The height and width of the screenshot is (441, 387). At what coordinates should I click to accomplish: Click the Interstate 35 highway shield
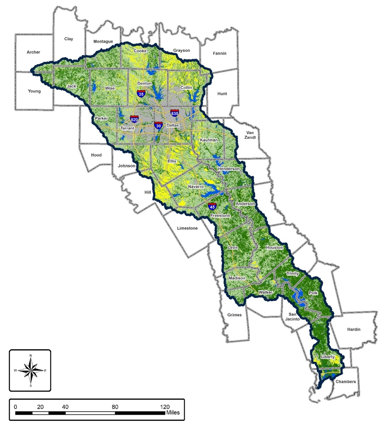pyautogui.click(x=141, y=94)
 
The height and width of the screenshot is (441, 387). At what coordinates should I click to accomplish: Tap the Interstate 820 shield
pyautogui.click(x=134, y=119)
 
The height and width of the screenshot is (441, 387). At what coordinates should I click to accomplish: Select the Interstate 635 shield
pyautogui.click(x=174, y=113)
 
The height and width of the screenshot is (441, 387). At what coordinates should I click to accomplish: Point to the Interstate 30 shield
pyautogui.click(x=158, y=125)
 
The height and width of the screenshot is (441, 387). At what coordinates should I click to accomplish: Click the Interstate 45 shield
pyautogui.click(x=212, y=206)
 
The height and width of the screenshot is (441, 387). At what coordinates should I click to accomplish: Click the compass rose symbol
pyautogui.click(x=30, y=370)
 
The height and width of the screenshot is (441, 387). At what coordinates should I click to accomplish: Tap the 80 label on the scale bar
pyautogui.click(x=115, y=407)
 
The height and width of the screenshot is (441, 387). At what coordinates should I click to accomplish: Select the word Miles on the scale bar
pyautogui.click(x=173, y=413)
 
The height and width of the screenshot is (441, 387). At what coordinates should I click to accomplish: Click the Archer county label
pyautogui.click(x=33, y=52)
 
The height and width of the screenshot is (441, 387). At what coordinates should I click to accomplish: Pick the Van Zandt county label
pyautogui.click(x=250, y=135)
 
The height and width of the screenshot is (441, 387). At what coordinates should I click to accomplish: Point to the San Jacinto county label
pyautogui.click(x=292, y=317)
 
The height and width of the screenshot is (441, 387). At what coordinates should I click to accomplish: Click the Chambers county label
pyautogui.click(x=346, y=382)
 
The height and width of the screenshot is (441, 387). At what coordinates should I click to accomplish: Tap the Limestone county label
pyautogui.click(x=187, y=228)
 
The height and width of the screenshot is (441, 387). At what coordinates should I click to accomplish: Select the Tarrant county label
pyautogui.click(x=127, y=128)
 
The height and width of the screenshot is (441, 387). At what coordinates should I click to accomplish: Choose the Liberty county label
pyautogui.click(x=328, y=357)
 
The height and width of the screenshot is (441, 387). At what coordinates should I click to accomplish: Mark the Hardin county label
pyautogui.click(x=354, y=329)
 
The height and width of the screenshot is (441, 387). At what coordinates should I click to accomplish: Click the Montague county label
pyautogui.click(x=103, y=42)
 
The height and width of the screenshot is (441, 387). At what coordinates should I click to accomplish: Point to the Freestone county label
pyautogui.click(x=220, y=215)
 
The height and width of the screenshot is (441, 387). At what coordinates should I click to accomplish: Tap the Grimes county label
pyautogui.click(x=235, y=315)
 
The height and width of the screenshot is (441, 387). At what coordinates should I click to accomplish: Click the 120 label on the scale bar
pyautogui.click(x=165, y=407)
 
